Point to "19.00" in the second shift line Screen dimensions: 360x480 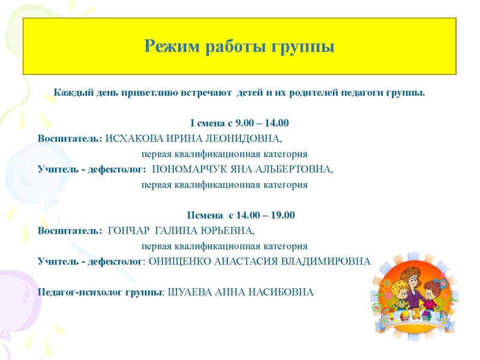click(x=283, y=215)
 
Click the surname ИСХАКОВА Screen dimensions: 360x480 click(x=134, y=139)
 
